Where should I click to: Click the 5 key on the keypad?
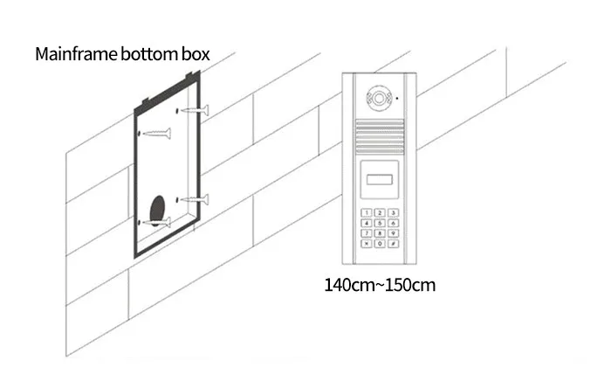380,223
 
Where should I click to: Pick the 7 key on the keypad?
367,233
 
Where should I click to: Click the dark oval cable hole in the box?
158,211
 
